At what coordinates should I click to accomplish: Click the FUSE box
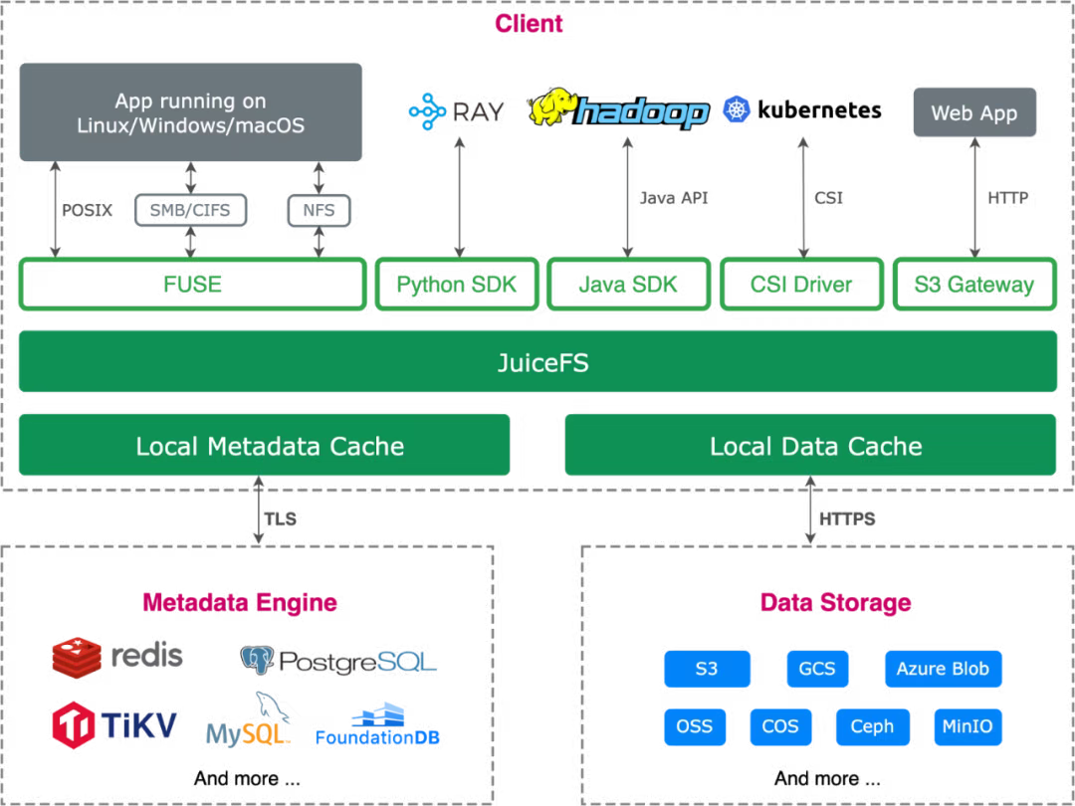click(192, 285)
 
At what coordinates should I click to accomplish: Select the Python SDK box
click(458, 285)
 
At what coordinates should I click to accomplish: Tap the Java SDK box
click(628, 285)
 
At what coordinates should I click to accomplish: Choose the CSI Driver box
click(801, 285)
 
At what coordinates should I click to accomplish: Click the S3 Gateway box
click(974, 285)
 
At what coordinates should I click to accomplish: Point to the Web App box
click(974, 112)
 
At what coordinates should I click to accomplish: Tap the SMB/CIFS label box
click(191, 210)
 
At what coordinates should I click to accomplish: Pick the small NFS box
click(319, 210)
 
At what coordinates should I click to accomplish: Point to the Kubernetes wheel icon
click(738, 109)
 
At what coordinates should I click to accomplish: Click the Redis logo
click(117, 656)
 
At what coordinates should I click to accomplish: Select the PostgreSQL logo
click(339, 660)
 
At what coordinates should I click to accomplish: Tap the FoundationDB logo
click(377, 725)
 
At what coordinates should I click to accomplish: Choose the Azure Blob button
click(943, 669)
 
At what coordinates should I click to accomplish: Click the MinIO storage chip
click(967, 726)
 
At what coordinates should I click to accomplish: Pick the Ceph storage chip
click(872, 726)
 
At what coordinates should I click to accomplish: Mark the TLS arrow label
click(281, 518)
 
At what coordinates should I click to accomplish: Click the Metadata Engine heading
click(240, 602)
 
